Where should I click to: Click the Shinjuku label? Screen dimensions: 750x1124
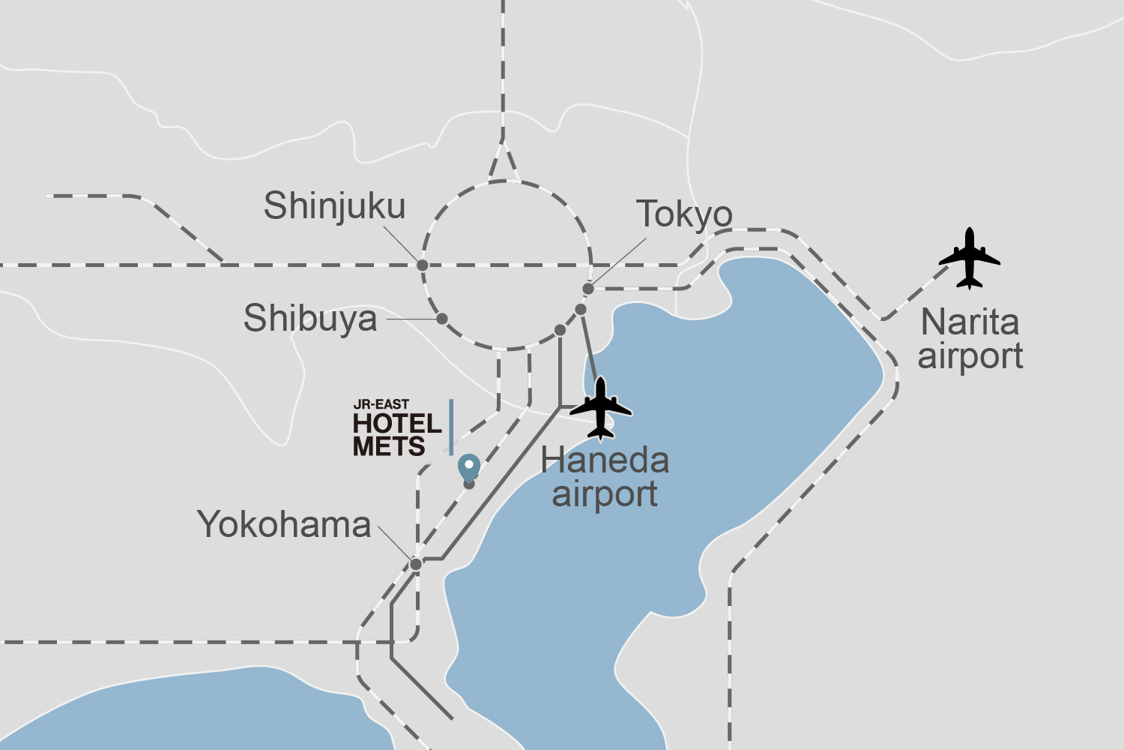coord(334,206)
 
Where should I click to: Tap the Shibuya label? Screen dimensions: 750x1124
coord(310,318)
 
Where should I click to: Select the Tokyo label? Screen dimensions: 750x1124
coord(684,214)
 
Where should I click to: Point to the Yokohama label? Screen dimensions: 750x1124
coord(284,524)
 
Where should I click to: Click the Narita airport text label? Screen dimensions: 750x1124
coord(970,339)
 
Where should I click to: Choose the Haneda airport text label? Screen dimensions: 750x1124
coord(605,477)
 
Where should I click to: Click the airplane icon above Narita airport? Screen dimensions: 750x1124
coord(970,259)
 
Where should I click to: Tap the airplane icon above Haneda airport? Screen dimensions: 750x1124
coord(601,409)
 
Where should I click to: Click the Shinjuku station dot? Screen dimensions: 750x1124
coord(423,265)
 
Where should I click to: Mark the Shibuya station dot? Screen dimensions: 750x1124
coord(442,319)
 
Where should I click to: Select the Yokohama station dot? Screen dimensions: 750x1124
coord(416,564)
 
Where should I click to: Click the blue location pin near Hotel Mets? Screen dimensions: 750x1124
coord(469,467)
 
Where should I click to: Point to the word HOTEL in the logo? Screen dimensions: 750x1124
coord(397,424)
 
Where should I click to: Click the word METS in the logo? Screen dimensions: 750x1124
coord(389,447)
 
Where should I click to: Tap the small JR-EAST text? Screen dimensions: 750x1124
coord(381,405)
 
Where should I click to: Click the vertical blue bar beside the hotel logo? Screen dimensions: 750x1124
coord(451,427)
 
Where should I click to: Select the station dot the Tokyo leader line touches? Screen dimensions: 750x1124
coord(588,289)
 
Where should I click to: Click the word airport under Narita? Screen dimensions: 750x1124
coord(970,356)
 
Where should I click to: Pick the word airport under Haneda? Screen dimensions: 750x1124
coord(605,494)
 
